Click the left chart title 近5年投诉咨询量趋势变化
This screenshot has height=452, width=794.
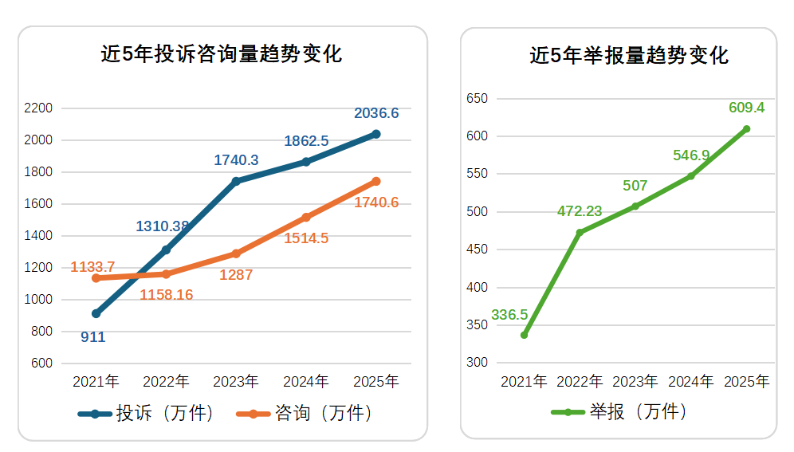click(x=222, y=54)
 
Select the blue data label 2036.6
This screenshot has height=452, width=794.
click(x=376, y=113)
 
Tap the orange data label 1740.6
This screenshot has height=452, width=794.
click(x=376, y=202)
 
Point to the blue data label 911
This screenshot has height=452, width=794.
click(x=93, y=337)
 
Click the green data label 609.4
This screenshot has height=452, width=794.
click(x=746, y=108)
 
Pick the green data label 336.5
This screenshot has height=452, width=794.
click(x=509, y=315)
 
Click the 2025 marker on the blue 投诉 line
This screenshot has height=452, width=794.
click(x=376, y=134)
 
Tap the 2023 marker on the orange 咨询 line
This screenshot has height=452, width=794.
click(x=236, y=254)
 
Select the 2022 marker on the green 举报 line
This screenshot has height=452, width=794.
click(x=580, y=232)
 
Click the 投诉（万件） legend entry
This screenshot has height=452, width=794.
click(x=147, y=414)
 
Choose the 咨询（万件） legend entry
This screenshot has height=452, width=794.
click(x=306, y=414)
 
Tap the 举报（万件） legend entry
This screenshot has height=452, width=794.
click(x=619, y=412)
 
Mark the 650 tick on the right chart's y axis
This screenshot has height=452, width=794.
click(x=476, y=99)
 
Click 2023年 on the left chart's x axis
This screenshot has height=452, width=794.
click(x=236, y=382)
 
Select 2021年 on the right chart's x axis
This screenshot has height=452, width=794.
click(x=524, y=382)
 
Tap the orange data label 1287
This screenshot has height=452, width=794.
click(x=236, y=275)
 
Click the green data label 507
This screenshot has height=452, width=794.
click(x=635, y=186)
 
